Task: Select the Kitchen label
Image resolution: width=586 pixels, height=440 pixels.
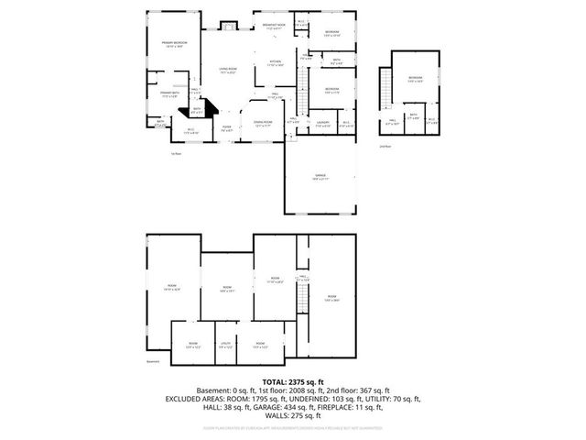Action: coord(276,63)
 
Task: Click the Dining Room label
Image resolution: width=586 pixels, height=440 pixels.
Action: coord(262,124)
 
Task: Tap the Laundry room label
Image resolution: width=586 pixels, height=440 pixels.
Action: coord(322,124)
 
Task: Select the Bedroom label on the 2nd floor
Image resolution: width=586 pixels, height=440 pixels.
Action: coord(416,79)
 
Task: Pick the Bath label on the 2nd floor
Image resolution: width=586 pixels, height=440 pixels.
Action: coord(414,117)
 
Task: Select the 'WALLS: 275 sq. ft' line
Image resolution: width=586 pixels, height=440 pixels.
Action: coord(292,416)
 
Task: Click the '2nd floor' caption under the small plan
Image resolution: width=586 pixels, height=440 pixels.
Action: coord(385,146)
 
